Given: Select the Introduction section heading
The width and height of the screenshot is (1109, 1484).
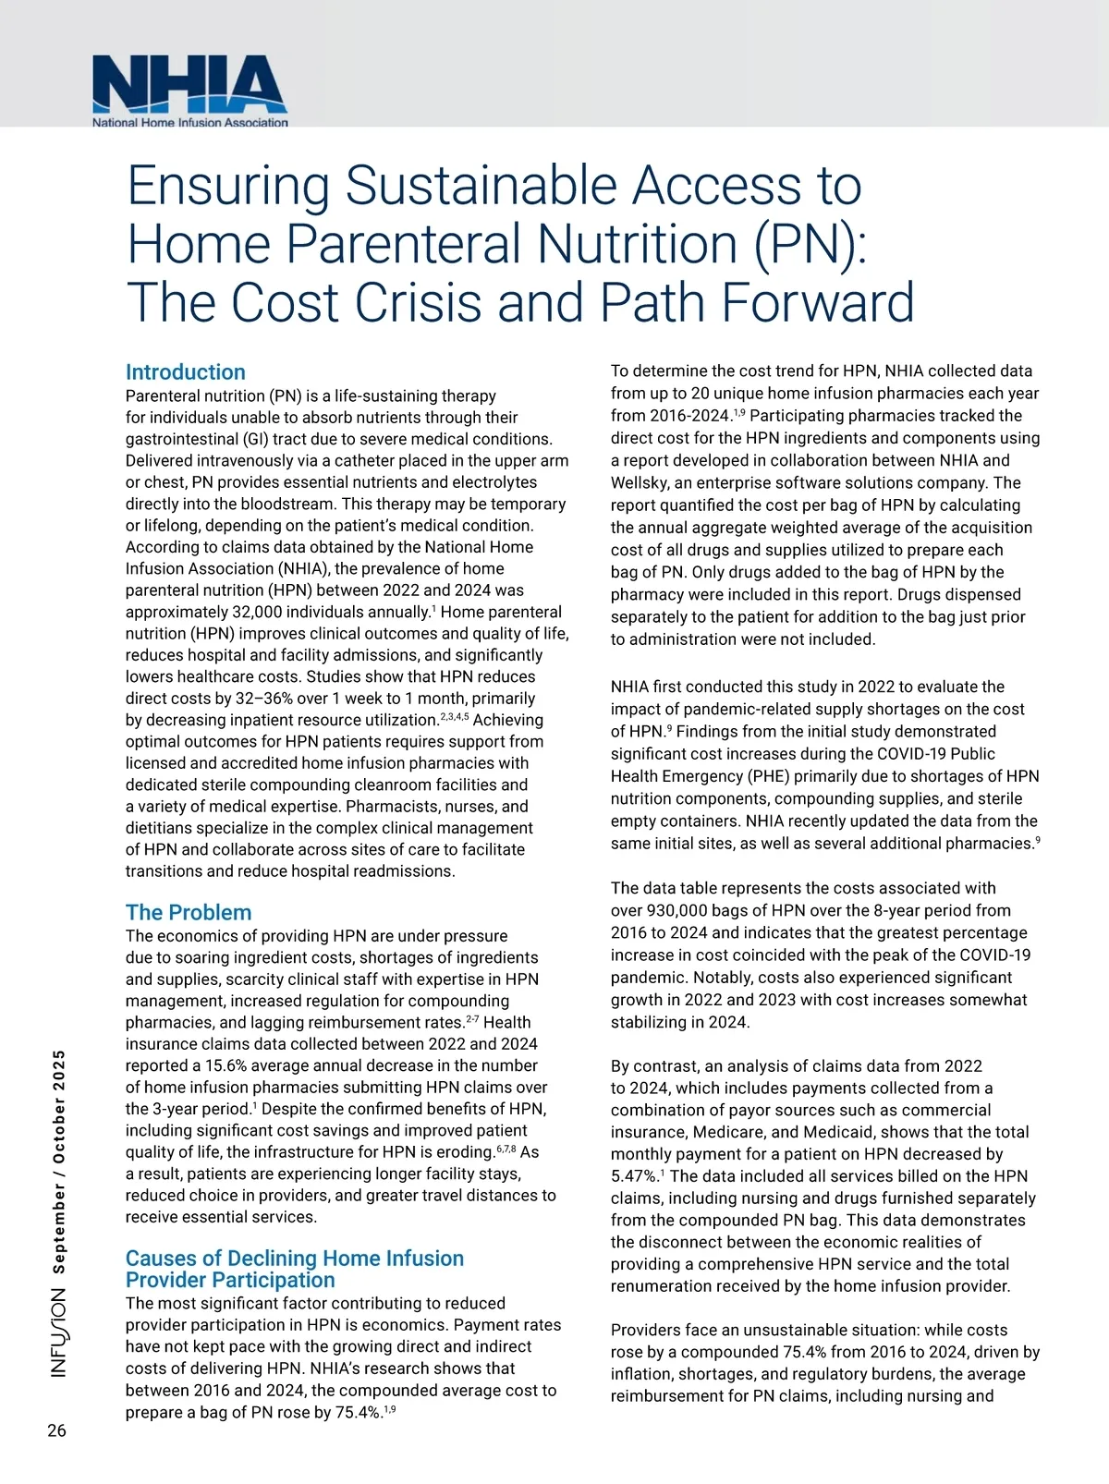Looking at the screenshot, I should [185, 372].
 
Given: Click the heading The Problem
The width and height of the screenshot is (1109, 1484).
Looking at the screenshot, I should [189, 913].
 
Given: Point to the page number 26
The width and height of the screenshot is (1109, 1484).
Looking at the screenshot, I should [56, 1430].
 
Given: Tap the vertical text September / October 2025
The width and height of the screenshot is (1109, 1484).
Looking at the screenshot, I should [58, 1162].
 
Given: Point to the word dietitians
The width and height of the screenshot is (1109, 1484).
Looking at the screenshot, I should [161, 828].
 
